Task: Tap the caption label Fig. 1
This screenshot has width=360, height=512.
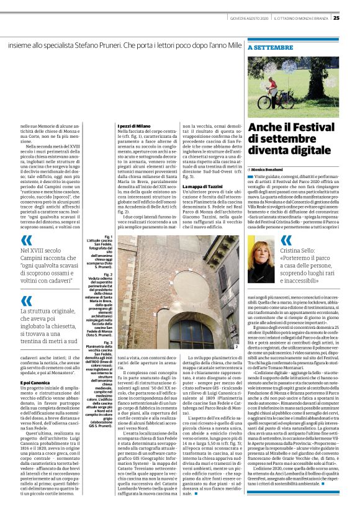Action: point(108,236)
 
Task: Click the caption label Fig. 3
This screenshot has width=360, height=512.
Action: point(108,325)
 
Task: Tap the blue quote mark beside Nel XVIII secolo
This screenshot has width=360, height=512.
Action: point(26,241)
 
